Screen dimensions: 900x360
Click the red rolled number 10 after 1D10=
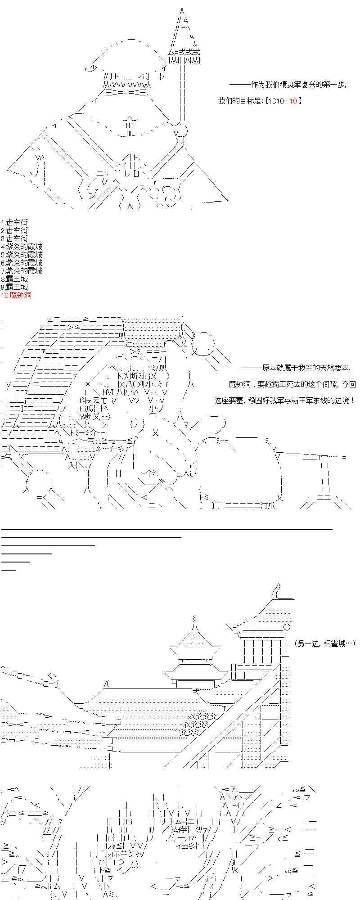pos(293,101)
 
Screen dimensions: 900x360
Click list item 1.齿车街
pos(14,222)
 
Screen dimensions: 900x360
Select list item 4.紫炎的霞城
pos(22,247)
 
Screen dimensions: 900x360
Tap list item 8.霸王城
pos(14,279)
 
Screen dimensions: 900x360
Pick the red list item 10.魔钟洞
pos(16,295)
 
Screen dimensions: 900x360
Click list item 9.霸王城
pos(14,287)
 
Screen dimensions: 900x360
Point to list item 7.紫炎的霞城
pos(22,271)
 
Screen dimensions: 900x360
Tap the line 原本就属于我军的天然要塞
pos(297,369)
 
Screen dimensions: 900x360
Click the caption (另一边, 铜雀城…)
pos(324,644)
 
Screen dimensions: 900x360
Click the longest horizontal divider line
pos(166,530)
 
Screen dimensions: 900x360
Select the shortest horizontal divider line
pos(9,570)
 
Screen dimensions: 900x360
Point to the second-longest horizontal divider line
pos(91,537)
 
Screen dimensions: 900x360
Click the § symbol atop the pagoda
pos(194,618)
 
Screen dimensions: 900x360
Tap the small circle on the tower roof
pos(286,627)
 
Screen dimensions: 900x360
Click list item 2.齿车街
pos(14,230)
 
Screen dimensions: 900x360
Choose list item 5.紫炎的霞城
pos(22,255)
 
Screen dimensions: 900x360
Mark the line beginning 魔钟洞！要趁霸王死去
pos(292,384)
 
